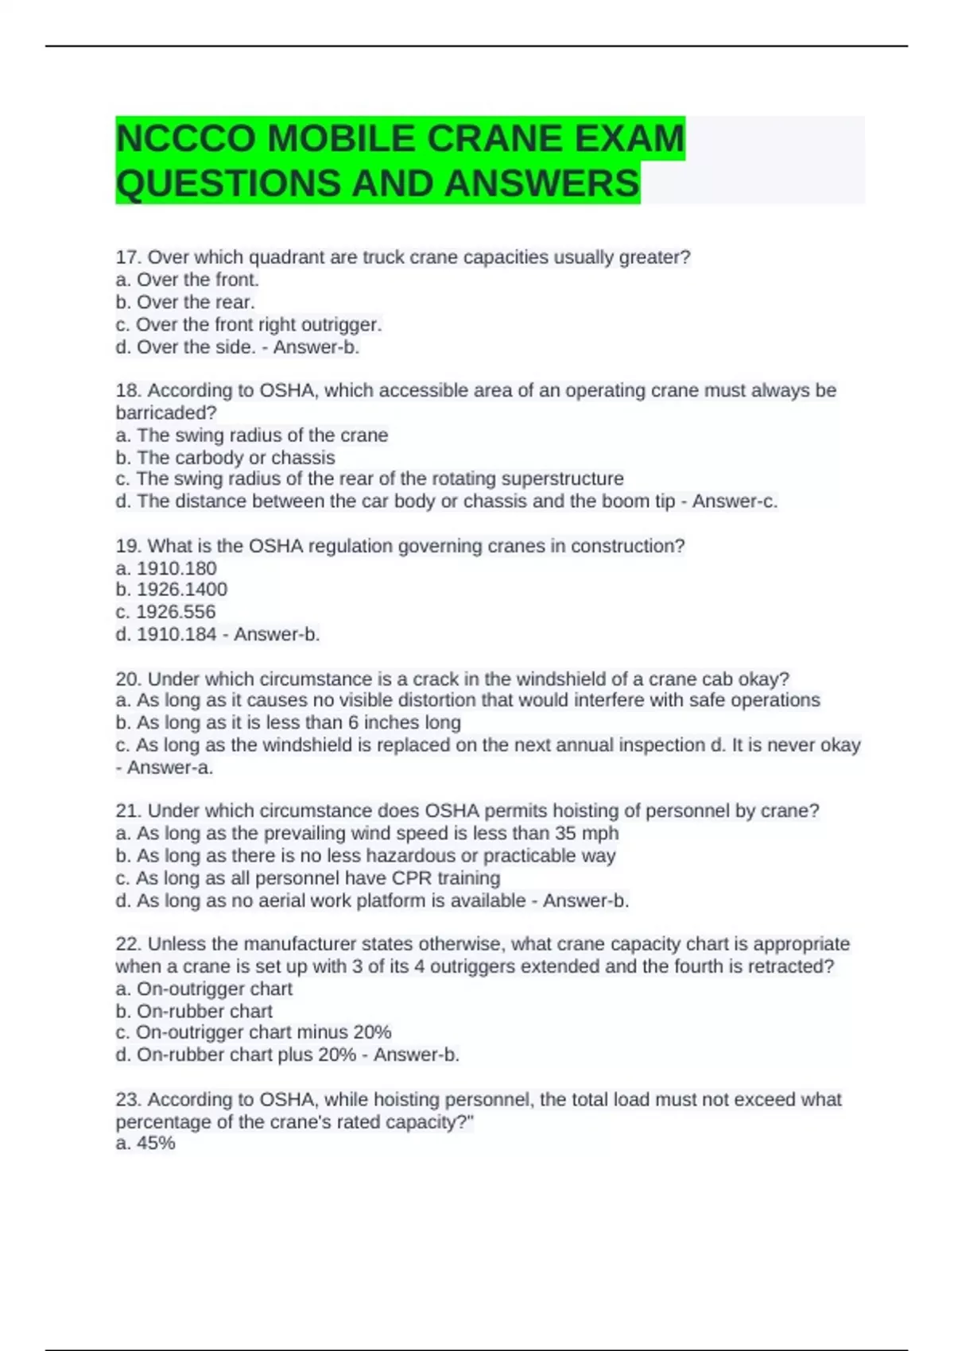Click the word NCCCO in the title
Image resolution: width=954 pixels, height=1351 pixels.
point(187,139)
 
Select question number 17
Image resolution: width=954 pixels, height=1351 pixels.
point(128,257)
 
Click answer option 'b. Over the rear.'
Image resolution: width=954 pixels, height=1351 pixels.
point(185,302)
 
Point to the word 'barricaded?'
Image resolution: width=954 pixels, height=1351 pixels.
point(166,412)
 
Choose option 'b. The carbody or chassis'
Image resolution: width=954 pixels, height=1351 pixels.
point(225,458)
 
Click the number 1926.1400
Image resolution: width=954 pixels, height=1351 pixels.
point(182,590)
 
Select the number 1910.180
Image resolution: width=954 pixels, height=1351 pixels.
point(176,568)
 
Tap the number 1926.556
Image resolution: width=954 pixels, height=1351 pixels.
point(176,612)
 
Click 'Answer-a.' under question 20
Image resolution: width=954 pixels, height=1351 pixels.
point(170,768)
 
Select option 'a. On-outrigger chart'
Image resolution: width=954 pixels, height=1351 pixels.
point(204,989)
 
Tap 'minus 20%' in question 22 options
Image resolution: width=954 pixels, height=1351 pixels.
point(353,1032)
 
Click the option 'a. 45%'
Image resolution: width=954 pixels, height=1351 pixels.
point(145,1143)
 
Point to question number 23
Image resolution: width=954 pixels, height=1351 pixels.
point(129,1100)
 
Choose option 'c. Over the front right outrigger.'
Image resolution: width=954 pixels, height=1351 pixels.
point(249,324)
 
